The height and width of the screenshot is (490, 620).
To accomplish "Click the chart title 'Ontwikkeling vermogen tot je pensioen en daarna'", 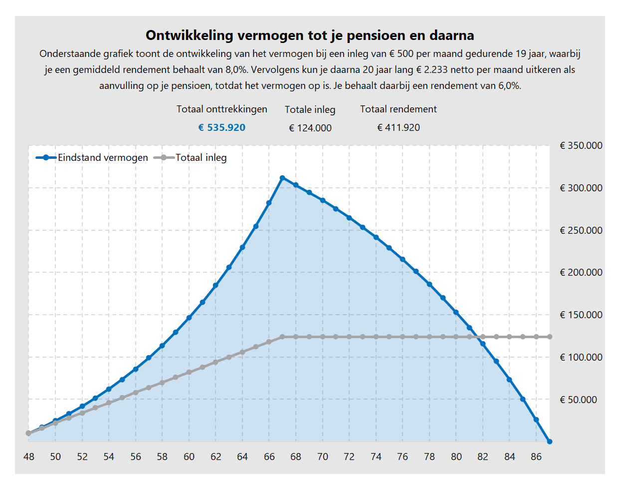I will click(310, 35).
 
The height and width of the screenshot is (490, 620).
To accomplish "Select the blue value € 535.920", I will click(221, 128).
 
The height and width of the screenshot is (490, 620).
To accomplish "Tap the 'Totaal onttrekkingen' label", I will click(221, 109).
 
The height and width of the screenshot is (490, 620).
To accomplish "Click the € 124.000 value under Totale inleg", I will click(310, 128).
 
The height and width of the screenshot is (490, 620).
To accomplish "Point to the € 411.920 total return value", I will click(398, 128).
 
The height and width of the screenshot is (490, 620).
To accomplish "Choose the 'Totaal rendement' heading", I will click(398, 109).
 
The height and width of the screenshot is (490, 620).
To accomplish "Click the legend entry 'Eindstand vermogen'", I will click(103, 158).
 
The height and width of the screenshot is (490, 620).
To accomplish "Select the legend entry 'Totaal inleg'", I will click(201, 158).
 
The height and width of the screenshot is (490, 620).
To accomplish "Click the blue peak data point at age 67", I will click(282, 178).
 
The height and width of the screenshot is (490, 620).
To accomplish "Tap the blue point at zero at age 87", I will click(550, 442).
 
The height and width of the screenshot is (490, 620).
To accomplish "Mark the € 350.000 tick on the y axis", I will click(581, 146).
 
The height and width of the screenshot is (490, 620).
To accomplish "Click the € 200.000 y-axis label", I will click(581, 273).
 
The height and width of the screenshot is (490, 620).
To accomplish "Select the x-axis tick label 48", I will click(29, 457).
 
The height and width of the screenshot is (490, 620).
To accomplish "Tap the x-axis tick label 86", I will click(536, 457).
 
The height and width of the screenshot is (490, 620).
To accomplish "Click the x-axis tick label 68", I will click(296, 457).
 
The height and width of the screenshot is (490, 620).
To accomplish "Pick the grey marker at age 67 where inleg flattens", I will click(282, 337).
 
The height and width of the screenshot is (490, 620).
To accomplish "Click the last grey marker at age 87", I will click(550, 337).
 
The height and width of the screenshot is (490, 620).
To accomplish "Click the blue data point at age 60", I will click(189, 318).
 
